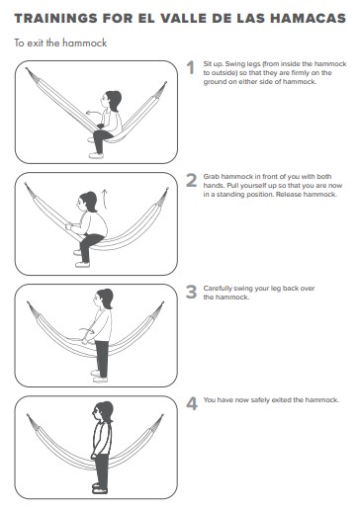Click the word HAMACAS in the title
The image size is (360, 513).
(309, 19)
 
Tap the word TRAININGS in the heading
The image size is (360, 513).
(55, 19)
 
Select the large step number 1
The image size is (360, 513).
(191, 68)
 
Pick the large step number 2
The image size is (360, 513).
(192, 180)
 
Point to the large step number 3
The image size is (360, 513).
(192, 292)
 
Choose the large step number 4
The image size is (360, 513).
(192, 403)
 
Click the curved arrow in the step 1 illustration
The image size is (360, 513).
(93, 112)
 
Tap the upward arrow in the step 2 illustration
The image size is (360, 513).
(105, 199)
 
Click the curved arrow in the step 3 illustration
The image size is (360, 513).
(87, 330)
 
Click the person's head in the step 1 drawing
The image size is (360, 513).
(112, 100)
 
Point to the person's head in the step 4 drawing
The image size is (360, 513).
(103, 411)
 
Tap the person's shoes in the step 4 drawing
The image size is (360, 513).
(100, 488)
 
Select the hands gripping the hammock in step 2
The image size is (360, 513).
(68, 226)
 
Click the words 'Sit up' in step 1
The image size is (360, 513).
(213, 64)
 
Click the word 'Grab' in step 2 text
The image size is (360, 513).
(212, 177)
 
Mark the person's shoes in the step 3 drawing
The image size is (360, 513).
(99, 377)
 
